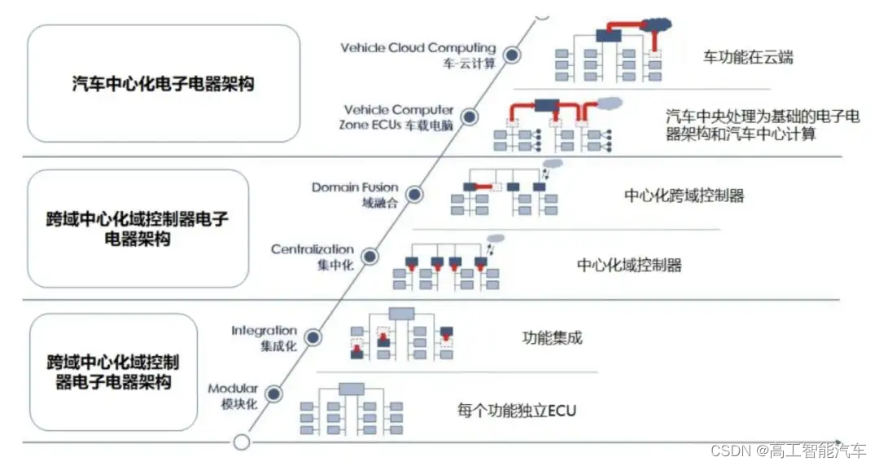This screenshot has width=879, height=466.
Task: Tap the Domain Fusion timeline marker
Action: click(x=414, y=195)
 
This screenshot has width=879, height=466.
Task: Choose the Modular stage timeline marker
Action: click(x=273, y=394)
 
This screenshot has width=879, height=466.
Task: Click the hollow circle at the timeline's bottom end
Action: click(x=241, y=442)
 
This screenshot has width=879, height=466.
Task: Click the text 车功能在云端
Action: click(x=748, y=57)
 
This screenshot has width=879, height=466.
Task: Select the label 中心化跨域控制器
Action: click(x=684, y=196)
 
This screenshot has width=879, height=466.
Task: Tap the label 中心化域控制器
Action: click(x=629, y=266)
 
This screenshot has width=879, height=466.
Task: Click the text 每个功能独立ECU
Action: click(x=517, y=411)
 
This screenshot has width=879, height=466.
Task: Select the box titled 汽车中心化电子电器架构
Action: click(x=163, y=84)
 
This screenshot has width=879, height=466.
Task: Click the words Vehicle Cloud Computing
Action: click(x=418, y=48)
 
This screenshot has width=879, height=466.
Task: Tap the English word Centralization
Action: click(x=313, y=248)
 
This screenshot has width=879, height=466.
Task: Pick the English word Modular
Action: click(x=233, y=389)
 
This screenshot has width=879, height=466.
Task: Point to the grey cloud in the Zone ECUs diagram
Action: click(x=610, y=103)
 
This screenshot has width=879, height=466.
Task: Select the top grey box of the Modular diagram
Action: click(x=351, y=389)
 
